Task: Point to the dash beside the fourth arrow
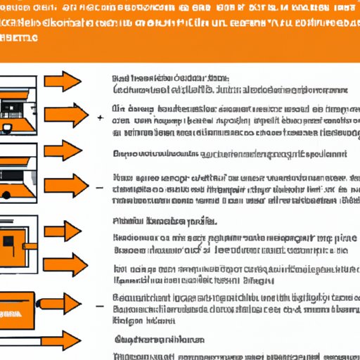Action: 100,188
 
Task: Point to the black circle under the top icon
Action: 10,129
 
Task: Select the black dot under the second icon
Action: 8,193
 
